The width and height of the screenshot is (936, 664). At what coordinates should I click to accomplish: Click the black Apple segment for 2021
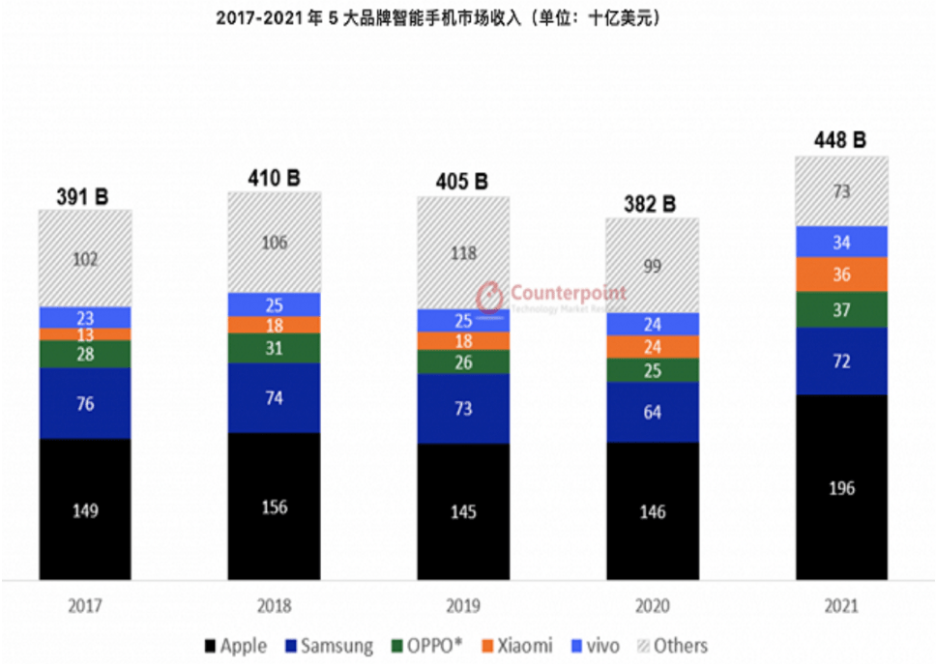(841, 487)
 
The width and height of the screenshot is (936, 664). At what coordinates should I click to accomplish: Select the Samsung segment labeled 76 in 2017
(85, 403)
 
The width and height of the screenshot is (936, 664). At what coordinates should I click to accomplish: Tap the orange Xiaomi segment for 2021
(841, 274)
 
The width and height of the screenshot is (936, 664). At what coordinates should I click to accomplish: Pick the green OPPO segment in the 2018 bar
(275, 348)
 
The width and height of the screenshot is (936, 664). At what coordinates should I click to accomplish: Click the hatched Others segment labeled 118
(463, 252)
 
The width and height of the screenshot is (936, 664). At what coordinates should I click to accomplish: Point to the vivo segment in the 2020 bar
(653, 325)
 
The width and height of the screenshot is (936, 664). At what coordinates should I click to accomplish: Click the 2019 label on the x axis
(463, 607)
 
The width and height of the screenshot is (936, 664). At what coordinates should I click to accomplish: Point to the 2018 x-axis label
(275, 607)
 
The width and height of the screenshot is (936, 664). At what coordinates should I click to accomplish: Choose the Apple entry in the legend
(236, 646)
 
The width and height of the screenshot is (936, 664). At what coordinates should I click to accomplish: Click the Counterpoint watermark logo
(491, 295)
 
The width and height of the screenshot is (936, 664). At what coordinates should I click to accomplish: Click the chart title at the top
(468, 18)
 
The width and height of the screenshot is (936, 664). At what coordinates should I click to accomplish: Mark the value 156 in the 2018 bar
(275, 507)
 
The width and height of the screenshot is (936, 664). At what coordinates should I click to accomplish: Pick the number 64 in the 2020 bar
(653, 412)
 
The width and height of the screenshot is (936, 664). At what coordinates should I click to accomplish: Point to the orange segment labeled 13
(85, 334)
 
